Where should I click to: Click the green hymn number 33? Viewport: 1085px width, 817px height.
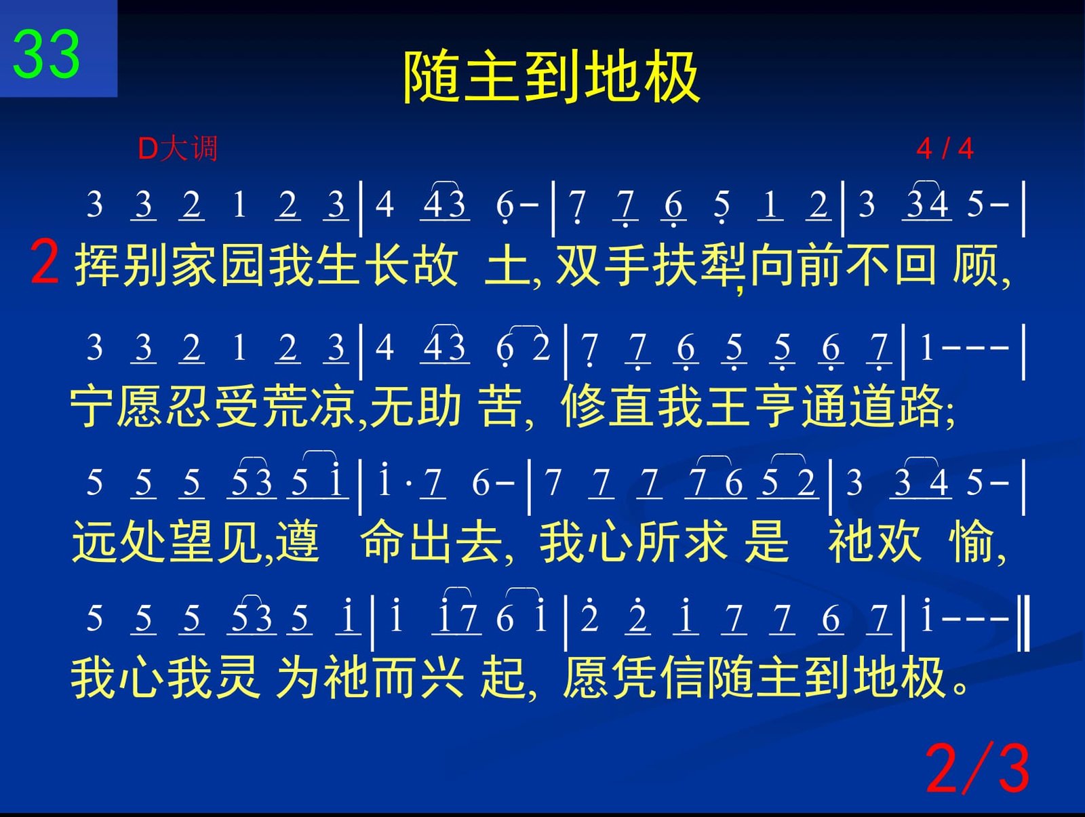click(x=46, y=54)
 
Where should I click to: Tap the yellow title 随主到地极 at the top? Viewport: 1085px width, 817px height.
click(x=551, y=77)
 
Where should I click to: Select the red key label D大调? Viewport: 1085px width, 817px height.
click(x=178, y=148)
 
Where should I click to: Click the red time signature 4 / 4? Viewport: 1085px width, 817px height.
click(x=945, y=148)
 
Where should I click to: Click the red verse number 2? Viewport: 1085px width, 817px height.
click(x=45, y=262)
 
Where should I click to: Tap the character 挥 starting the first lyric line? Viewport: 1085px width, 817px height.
click(x=97, y=265)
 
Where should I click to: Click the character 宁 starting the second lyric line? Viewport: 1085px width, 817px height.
click(x=92, y=406)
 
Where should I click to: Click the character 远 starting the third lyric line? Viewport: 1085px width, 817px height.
click(x=94, y=541)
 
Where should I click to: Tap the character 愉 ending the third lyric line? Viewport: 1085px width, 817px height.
click(x=971, y=541)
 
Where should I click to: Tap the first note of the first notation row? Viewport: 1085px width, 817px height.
click(x=94, y=203)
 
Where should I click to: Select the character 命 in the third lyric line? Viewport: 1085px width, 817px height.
click(x=383, y=541)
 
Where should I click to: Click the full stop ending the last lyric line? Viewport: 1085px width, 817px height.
click(x=960, y=687)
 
